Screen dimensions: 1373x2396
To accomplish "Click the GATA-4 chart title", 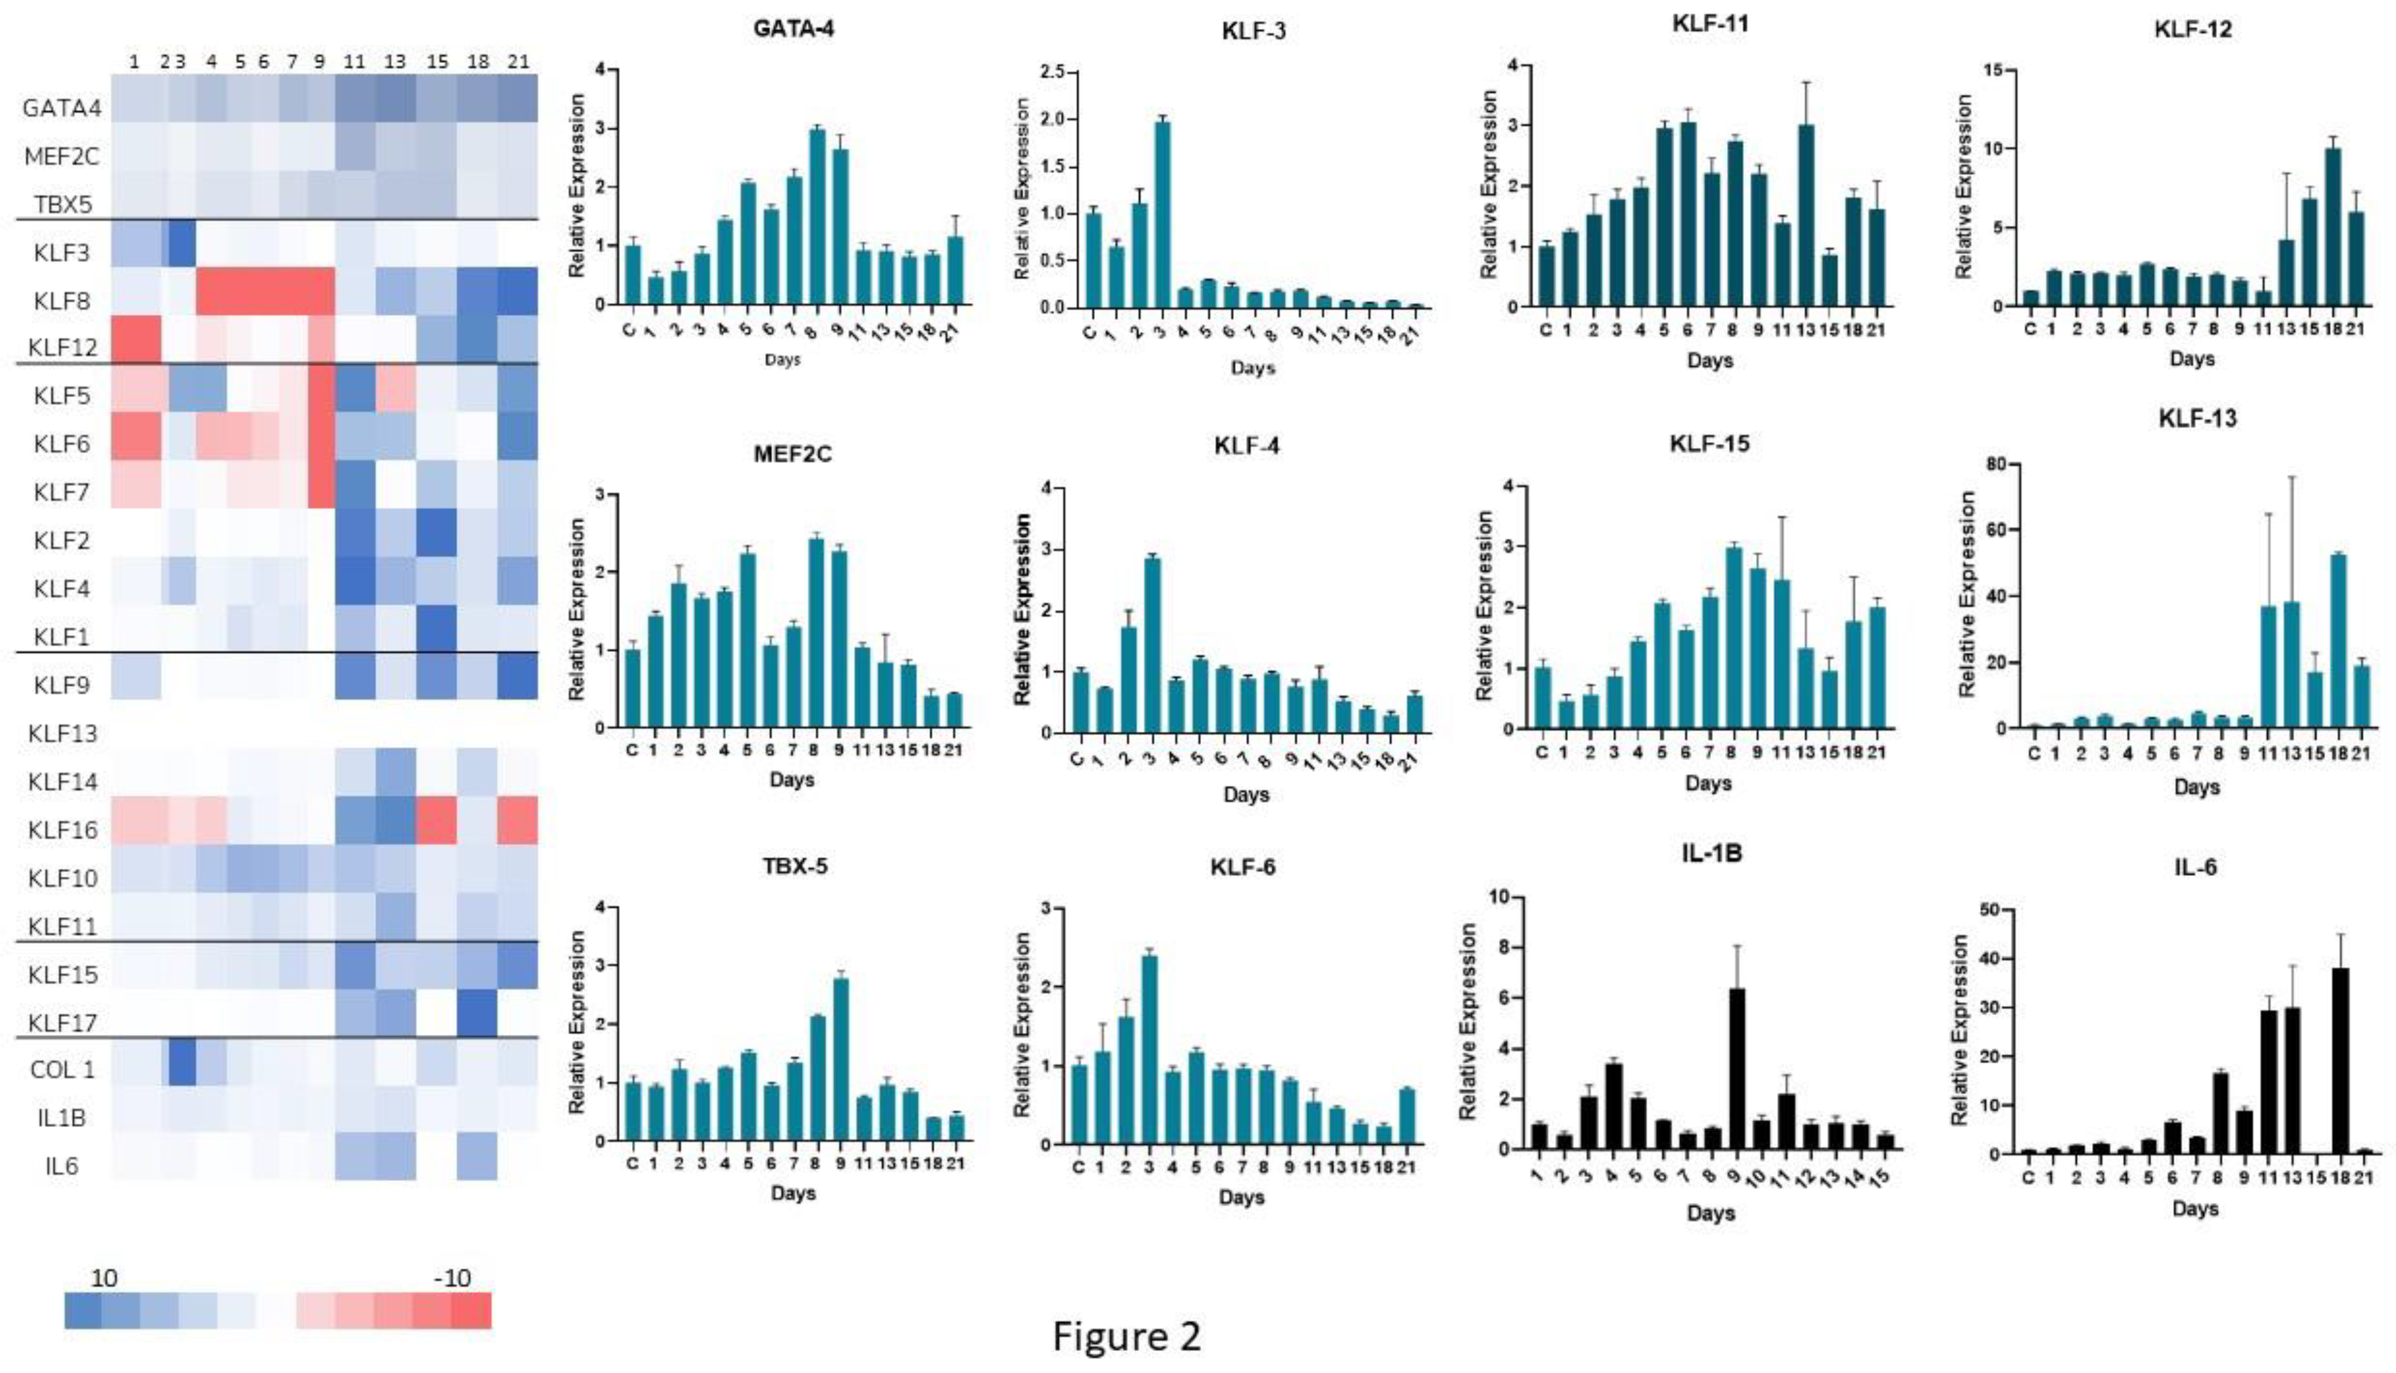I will coord(793,28).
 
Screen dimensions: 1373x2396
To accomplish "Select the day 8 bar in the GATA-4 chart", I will coord(817,217).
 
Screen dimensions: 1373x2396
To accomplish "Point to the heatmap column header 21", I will coord(518,61).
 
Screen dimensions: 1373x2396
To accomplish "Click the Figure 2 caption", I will coord(1127,1335).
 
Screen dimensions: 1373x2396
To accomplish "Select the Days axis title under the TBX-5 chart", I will coord(792,1193).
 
